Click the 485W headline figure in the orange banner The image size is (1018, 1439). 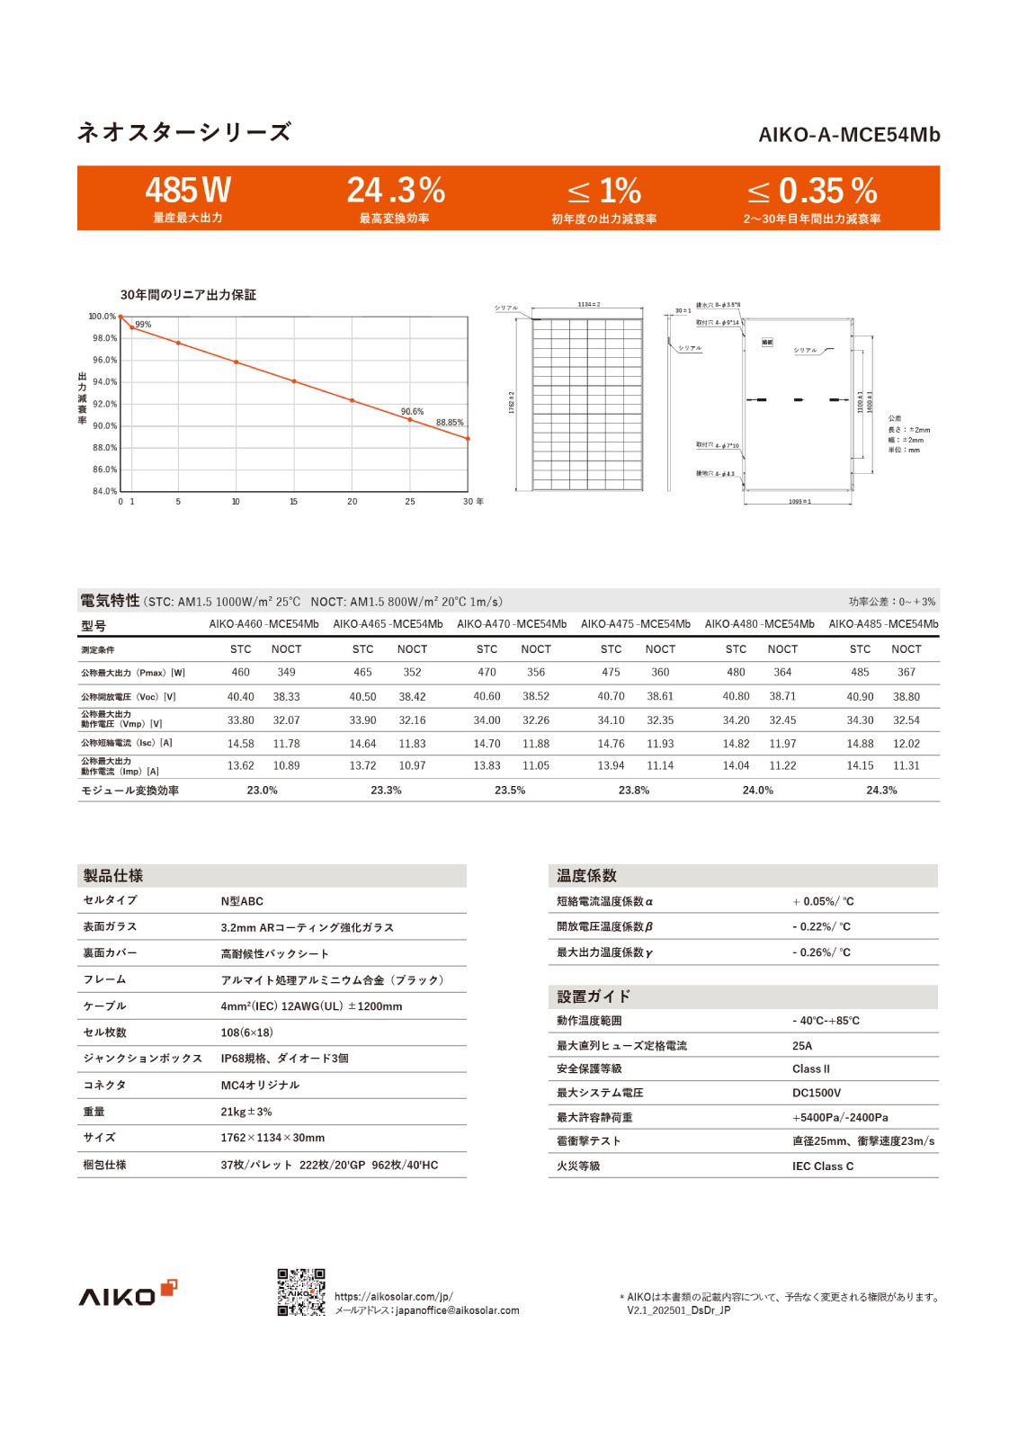188,191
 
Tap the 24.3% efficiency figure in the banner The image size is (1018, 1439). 396,191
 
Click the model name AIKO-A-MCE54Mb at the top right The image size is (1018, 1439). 849,135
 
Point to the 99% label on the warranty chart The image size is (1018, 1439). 143,325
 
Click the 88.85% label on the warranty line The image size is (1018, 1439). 450,423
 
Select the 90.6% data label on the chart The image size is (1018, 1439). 412,412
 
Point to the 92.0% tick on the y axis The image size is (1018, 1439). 104,405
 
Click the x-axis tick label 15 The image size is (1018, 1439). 293,502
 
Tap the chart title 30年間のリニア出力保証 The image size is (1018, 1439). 188,295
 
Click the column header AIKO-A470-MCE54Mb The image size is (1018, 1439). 512,624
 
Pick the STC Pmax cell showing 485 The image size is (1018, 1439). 860,673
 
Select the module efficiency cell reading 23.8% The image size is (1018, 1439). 634,791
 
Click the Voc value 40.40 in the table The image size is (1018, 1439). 240,697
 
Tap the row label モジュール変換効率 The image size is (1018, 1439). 129,791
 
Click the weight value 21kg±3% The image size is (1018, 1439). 246,1113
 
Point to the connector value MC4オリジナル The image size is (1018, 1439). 260,1086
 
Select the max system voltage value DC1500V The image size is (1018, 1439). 817,1094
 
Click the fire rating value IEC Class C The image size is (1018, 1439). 823,1166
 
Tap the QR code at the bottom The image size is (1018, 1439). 301,1292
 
